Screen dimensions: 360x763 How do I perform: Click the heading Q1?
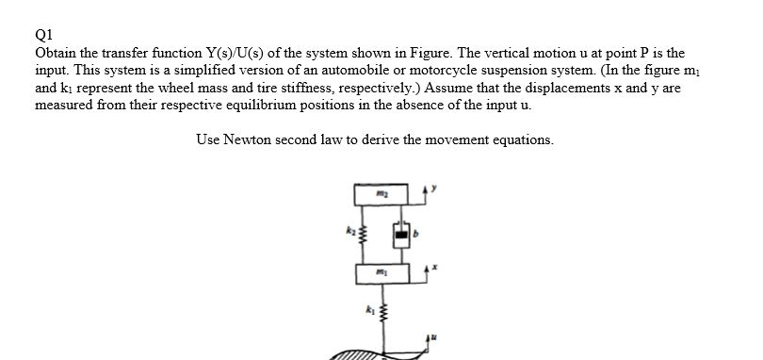(43, 39)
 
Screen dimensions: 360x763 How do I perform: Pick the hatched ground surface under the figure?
(353, 356)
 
